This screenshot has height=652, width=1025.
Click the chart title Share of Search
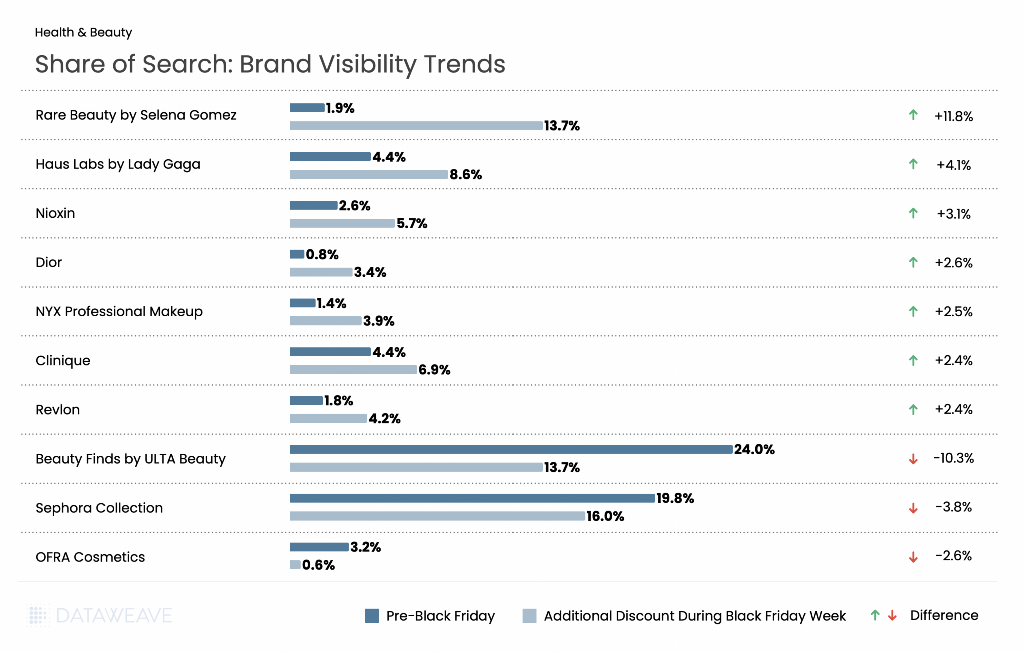click(x=270, y=64)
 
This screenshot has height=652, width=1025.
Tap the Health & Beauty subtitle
click(x=83, y=32)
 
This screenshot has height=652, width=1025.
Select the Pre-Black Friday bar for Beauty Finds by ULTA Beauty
click(x=510, y=449)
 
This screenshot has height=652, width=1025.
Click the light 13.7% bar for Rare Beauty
click(x=415, y=125)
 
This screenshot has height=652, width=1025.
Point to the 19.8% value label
click(x=675, y=498)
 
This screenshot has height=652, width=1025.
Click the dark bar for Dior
click(x=297, y=254)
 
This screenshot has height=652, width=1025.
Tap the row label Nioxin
click(x=55, y=213)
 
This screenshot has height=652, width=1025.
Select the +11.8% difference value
click(x=953, y=116)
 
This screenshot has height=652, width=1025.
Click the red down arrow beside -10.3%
click(x=913, y=459)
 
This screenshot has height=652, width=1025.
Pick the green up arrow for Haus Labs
click(x=913, y=164)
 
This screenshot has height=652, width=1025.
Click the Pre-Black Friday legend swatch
click(x=372, y=616)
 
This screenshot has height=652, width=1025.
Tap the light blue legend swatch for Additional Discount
click(x=529, y=616)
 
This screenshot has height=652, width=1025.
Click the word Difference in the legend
click(x=944, y=615)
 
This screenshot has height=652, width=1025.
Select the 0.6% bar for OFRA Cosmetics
click(x=295, y=565)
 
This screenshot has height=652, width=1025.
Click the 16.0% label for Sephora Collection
click(x=605, y=516)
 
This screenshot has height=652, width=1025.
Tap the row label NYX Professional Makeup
click(x=119, y=311)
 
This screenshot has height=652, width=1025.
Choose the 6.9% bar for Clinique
click(x=353, y=370)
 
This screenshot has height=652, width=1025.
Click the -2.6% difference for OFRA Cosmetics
click(x=953, y=556)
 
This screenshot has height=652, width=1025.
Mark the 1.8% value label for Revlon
click(x=338, y=401)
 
